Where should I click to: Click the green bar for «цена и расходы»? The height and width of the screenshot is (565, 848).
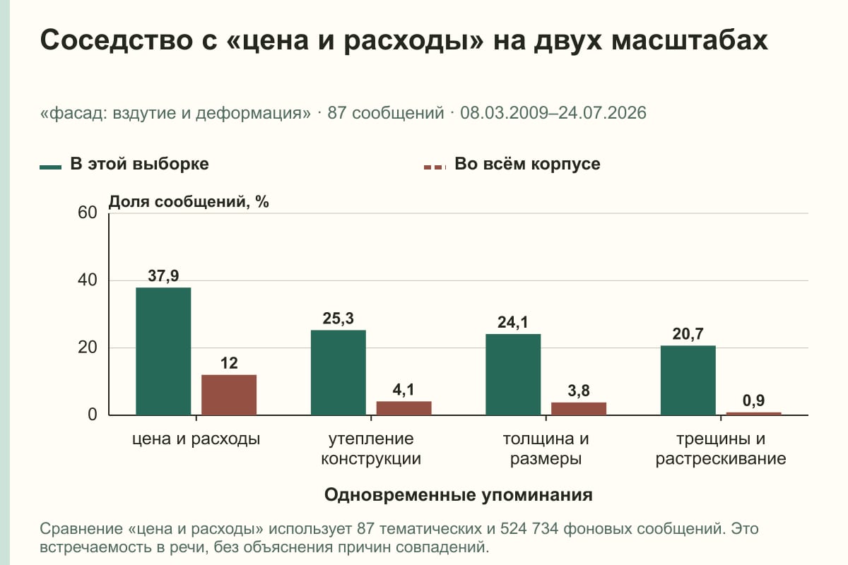point(163,351)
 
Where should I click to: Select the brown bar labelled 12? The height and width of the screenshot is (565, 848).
point(229,395)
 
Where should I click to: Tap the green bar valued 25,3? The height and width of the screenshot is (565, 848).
point(338,373)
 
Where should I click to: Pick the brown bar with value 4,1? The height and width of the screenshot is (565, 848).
point(404,408)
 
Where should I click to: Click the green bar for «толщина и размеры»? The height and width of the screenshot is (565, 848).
point(513,374)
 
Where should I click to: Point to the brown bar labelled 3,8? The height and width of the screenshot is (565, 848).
point(579,409)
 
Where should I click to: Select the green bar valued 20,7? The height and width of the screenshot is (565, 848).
point(688,381)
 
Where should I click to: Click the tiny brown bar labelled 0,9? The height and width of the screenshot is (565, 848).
point(754,414)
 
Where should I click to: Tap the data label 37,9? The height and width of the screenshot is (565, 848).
point(163,276)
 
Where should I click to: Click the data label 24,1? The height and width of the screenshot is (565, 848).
point(513,323)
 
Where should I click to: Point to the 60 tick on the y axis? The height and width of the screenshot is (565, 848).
point(88,213)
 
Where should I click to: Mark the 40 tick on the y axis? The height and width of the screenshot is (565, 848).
point(88,280)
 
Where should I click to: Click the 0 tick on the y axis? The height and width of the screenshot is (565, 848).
point(93,415)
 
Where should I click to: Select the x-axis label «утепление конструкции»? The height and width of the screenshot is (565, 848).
point(371,448)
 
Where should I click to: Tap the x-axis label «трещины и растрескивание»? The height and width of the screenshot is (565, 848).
point(721,448)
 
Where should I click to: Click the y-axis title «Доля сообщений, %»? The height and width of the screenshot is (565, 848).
point(189,202)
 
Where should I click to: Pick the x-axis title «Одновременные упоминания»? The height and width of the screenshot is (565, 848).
point(459,495)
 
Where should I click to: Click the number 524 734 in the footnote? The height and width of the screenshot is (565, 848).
point(529,529)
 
